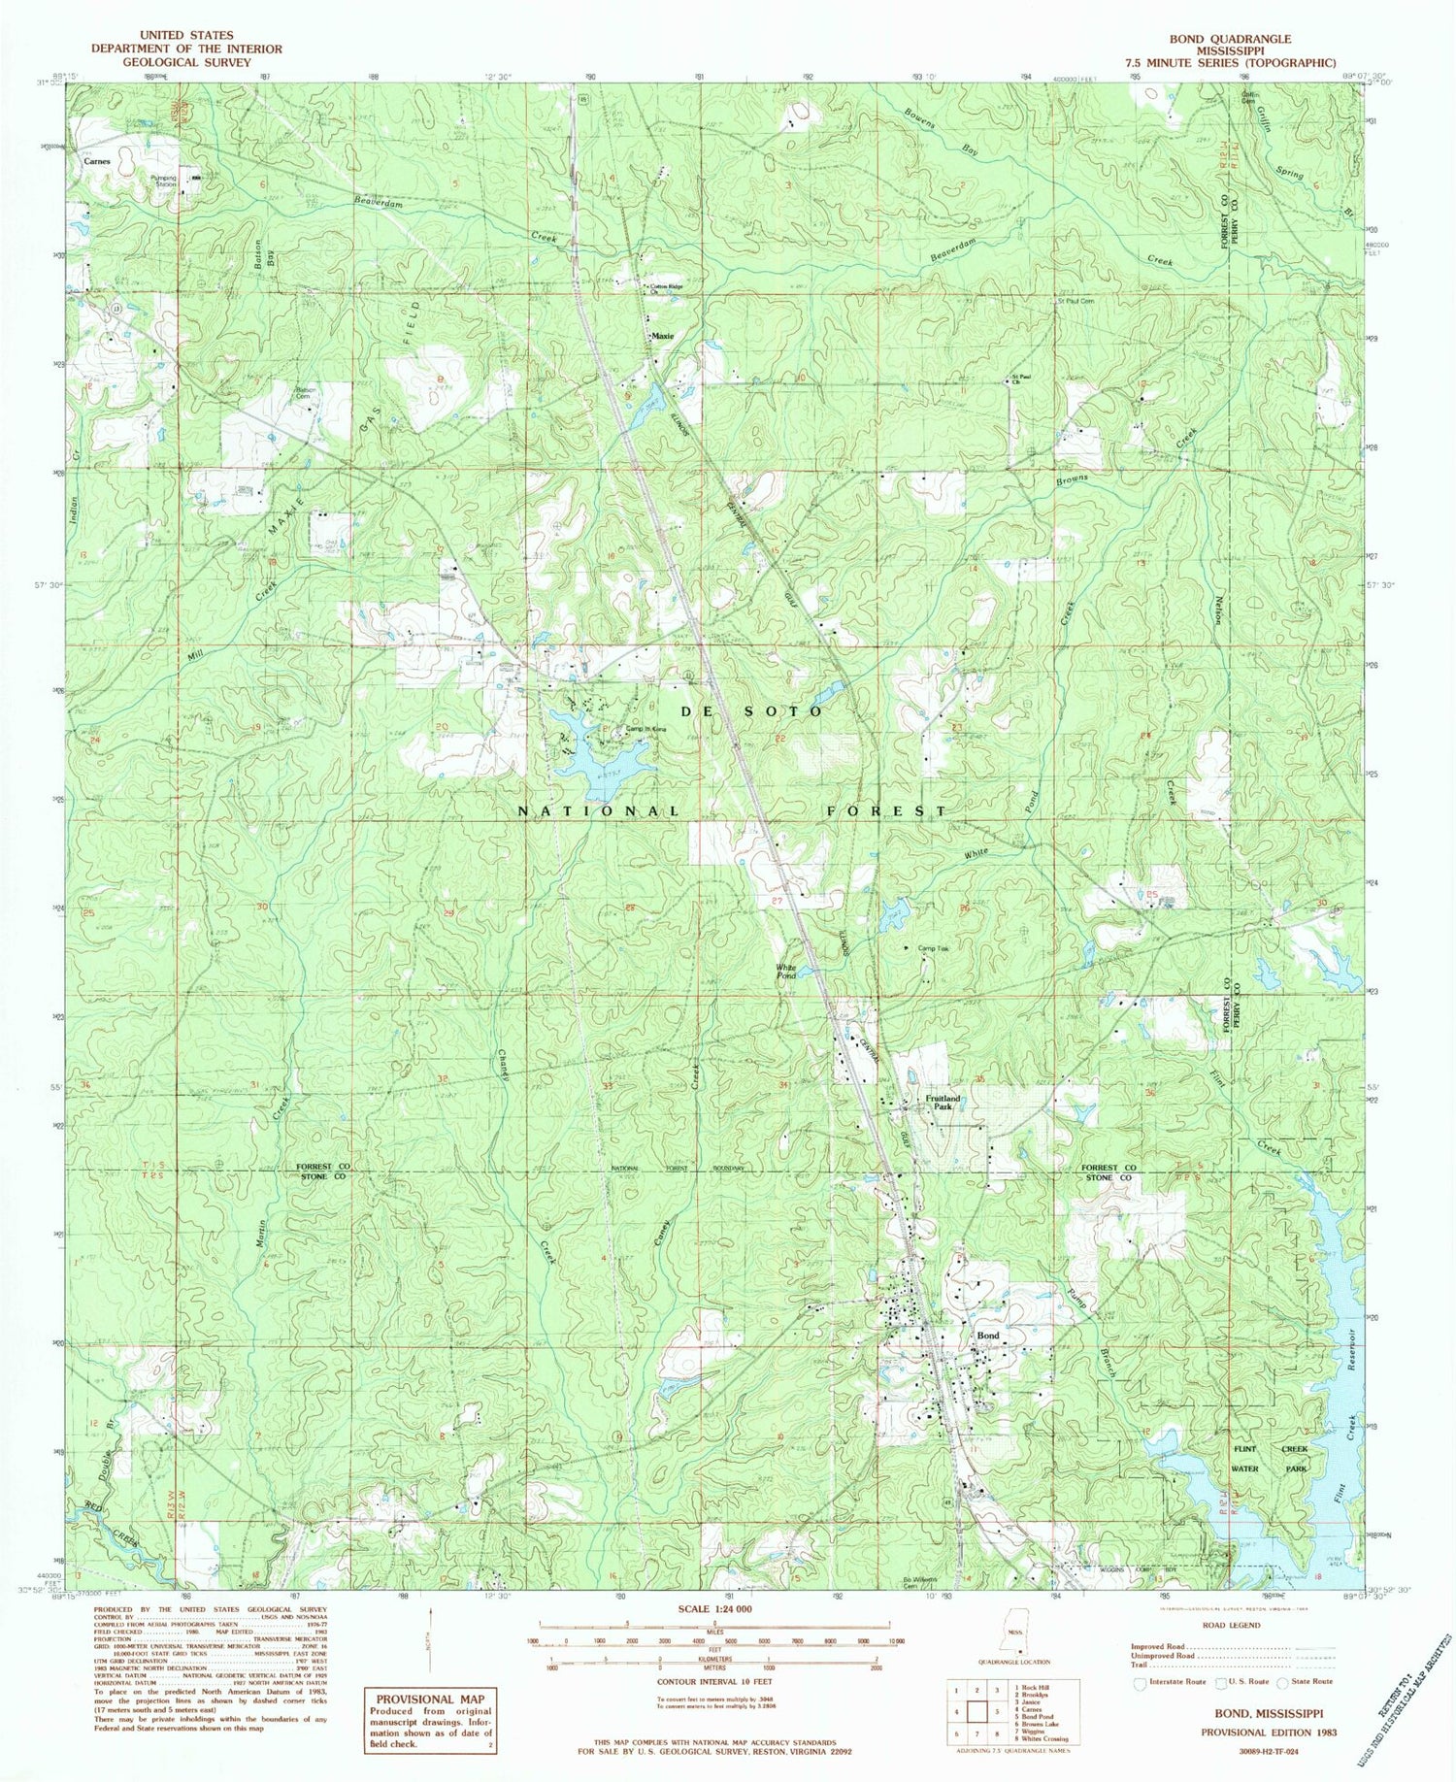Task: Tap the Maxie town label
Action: tap(663, 336)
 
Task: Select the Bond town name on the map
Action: tap(988, 1336)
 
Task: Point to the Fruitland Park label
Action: tap(942, 1103)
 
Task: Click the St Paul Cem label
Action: tap(1075, 301)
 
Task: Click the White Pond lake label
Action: tap(785, 971)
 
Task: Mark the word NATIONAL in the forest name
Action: tap(598, 810)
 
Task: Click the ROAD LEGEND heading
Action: tap(1232, 1625)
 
